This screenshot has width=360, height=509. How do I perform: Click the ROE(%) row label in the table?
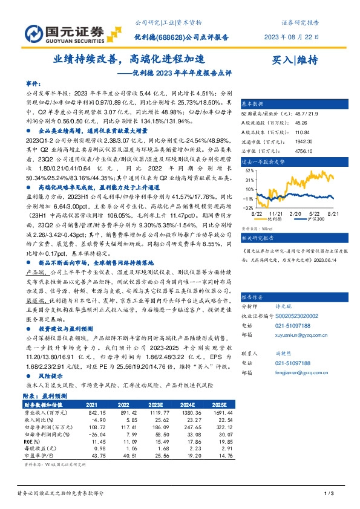pyautogui.click(x=34, y=441)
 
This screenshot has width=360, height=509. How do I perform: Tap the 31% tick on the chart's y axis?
pyautogui.click(x=248, y=180)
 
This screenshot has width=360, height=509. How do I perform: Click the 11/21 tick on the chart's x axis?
pyautogui.click(x=276, y=213)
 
